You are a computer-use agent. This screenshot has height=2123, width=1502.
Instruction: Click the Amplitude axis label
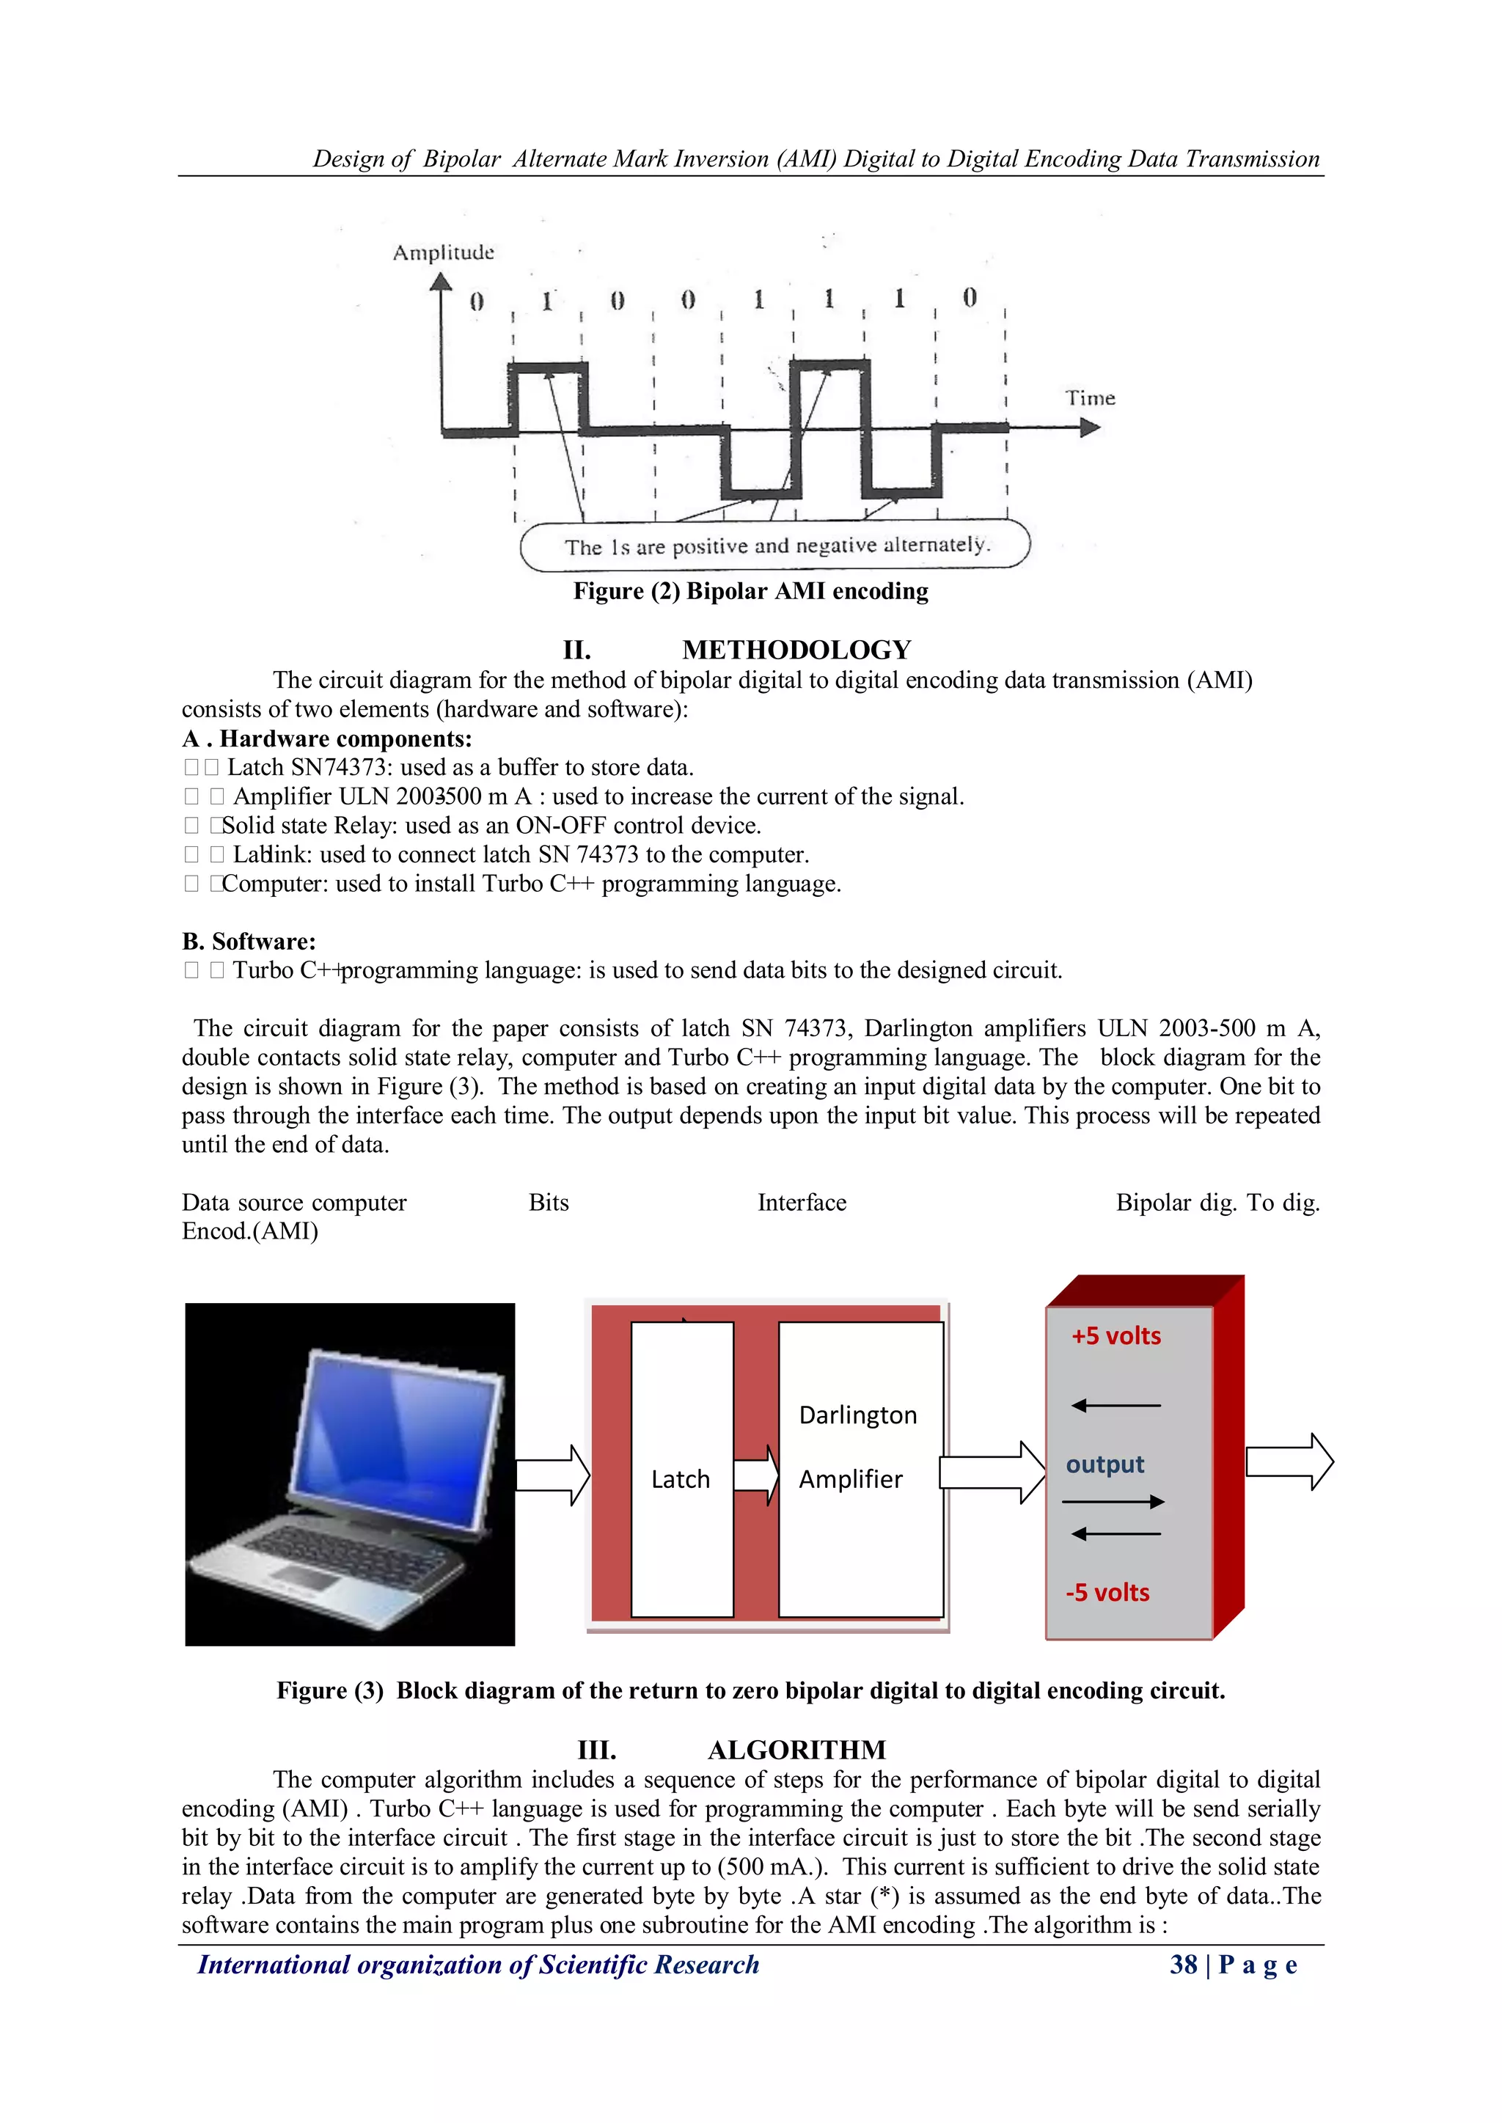[443, 252]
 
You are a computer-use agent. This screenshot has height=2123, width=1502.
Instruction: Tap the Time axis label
[1090, 398]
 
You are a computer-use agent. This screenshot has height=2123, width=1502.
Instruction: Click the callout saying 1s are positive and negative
[775, 546]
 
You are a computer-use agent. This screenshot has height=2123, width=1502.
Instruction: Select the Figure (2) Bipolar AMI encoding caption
[750, 591]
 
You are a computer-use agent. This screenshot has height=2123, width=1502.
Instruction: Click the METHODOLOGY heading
[796, 649]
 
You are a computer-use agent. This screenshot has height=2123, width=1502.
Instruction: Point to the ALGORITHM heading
[796, 1750]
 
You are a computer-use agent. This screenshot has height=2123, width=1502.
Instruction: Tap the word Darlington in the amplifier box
[857, 1415]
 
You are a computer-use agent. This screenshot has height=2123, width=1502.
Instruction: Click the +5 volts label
[1115, 1336]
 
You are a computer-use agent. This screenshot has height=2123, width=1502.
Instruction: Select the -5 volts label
[1107, 1592]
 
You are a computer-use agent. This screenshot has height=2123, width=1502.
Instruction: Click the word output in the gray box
[1104, 1464]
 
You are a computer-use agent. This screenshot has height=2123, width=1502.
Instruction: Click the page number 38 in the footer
[1183, 1965]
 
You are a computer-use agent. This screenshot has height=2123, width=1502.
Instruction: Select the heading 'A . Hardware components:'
[326, 738]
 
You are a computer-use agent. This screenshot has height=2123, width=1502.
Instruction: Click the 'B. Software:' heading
[249, 942]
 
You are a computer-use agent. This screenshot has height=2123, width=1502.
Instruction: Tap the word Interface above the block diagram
[801, 1202]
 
